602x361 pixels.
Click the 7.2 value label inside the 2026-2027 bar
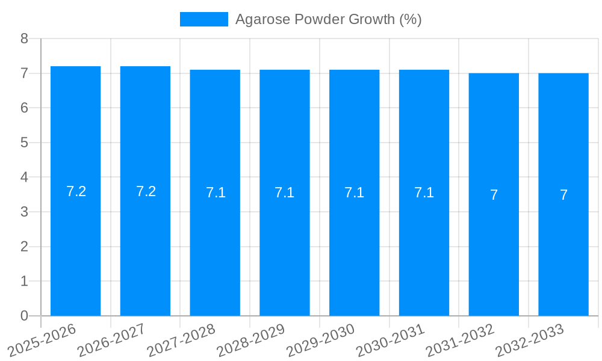click(146, 191)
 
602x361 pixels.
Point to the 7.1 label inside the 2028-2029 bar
click(284, 193)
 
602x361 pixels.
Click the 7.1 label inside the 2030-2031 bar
click(424, 193)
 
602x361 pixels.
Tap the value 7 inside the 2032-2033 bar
click(563, 195)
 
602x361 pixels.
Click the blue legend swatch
click(203, 19)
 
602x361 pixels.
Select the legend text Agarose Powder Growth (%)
click(328, 19)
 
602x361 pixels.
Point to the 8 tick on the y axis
click(24, 39)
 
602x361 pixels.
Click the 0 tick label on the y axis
click(24, 316)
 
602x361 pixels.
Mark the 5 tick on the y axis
click(24, 143)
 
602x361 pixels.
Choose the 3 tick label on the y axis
click(24, 212)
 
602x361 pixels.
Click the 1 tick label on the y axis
click(24, 281)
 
